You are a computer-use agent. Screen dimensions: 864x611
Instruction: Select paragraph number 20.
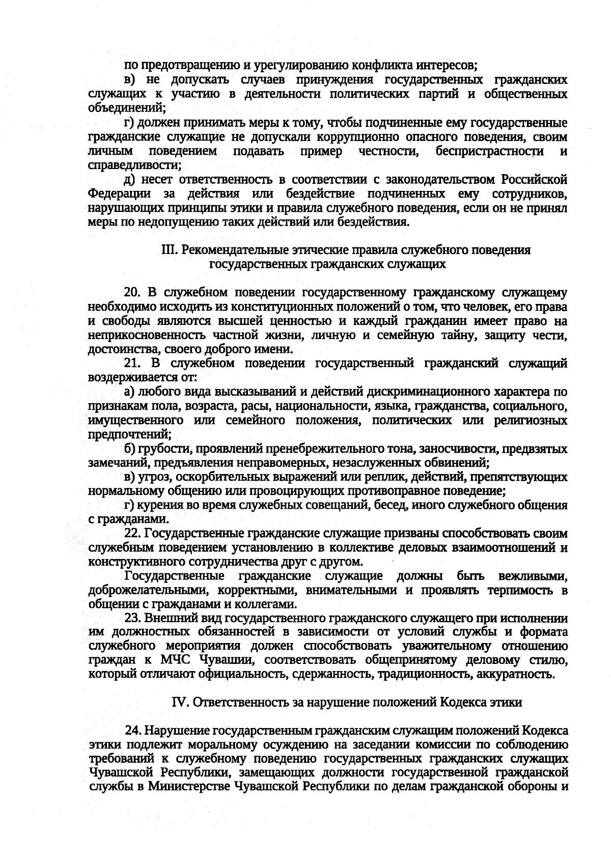click(132, 293)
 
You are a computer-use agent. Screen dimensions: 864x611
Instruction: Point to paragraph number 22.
click(132, 534)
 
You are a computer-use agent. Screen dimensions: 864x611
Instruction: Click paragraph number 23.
click(132, 619)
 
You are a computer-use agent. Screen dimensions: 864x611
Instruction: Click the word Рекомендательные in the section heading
click(227, 250)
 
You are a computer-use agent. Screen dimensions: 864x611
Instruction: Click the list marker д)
click(130, 180)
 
